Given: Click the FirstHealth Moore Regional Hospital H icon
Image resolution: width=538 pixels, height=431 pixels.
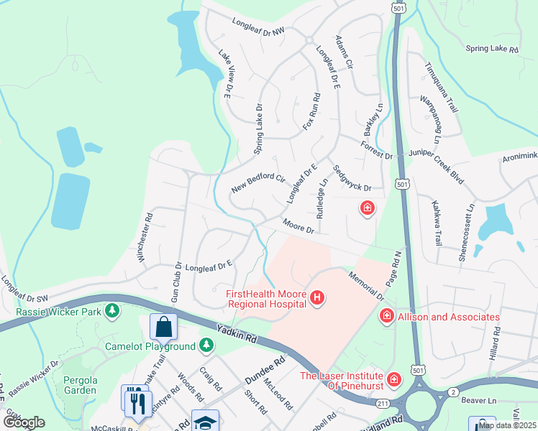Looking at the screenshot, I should point(316,297).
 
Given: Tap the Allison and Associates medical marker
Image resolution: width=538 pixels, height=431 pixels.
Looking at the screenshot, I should point(386,316).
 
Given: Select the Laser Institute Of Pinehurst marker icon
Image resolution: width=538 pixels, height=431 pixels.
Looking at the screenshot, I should point(393,379).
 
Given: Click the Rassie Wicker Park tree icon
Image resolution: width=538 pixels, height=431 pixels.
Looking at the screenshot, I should point(111,310).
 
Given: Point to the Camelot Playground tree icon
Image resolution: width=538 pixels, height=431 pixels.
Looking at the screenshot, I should point(206,346).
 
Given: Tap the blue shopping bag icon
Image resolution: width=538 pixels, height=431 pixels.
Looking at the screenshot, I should point(163,326).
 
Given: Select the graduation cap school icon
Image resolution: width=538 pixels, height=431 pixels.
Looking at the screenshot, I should point(205,422).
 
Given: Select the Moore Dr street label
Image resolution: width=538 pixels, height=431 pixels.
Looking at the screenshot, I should point(298,226).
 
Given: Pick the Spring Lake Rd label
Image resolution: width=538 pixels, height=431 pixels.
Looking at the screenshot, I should point(492,50).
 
